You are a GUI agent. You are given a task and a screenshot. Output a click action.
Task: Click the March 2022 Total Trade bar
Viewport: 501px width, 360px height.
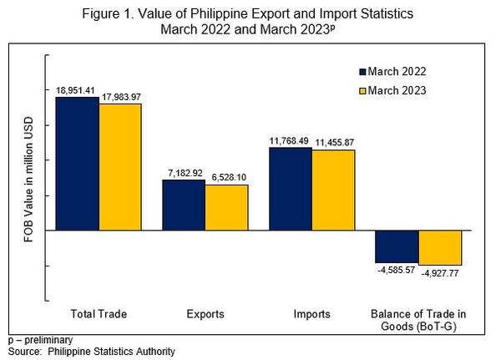[77, 164]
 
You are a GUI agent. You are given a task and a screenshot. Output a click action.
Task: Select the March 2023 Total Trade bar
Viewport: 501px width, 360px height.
[120, 167]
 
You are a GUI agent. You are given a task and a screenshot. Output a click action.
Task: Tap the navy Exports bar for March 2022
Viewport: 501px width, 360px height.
[184, 205]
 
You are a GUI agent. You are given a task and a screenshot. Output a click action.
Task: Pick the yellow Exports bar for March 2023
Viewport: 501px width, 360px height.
[227, 207]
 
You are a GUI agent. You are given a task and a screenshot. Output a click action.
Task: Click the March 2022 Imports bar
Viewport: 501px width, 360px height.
[290, 189]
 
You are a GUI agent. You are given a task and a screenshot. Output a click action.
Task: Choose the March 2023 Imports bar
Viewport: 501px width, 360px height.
[333, 190]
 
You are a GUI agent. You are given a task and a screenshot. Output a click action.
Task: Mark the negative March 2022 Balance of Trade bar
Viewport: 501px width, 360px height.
[397, 246]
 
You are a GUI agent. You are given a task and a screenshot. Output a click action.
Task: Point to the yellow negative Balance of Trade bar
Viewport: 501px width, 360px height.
[440, 247]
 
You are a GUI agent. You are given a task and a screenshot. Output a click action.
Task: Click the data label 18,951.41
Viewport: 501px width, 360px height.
[77, 89]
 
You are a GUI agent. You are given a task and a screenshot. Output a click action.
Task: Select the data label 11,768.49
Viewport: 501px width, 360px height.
[289, 140]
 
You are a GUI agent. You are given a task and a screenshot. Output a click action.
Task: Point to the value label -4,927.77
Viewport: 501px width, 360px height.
[441, 273]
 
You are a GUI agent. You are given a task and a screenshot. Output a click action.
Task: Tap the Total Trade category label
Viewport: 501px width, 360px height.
[99, 314]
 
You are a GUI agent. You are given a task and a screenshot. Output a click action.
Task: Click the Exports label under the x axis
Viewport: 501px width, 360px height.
[205, 314]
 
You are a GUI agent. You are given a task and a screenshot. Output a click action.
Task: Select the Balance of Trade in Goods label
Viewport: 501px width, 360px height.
[418, 320]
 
